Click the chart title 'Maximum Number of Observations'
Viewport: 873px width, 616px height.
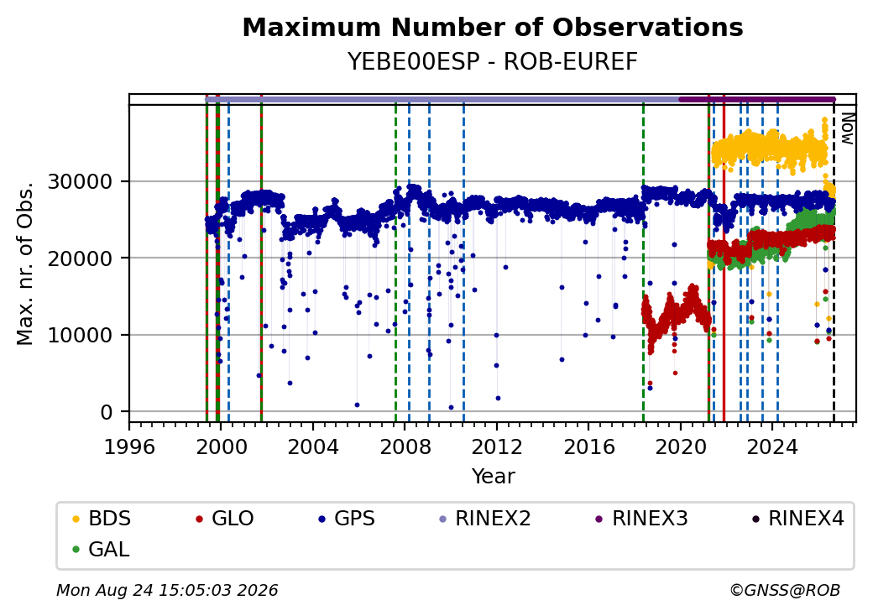click(493, 27)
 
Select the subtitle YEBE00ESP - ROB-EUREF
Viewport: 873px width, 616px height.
click(493, 62)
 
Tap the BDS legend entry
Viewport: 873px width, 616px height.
click(102, 519)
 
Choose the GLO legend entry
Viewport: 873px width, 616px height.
click(225, 519)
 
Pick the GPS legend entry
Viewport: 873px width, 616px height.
click(347, 519)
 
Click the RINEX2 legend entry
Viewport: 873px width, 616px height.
click(485, 519)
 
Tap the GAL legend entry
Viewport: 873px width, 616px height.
click(102, 550)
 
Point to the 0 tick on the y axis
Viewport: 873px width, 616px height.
click(107, 412)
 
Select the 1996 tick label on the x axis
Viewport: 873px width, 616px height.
click(129, 446)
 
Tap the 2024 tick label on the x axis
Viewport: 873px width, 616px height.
click(773, 446)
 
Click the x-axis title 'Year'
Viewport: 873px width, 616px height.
click(494, 477)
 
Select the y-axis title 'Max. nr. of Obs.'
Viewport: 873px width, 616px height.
click(25, 263)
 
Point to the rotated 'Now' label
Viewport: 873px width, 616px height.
click(847, 128)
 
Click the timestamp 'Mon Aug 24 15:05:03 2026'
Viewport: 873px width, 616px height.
click(167, 590)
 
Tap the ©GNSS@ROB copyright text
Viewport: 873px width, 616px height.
click(785, 590)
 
